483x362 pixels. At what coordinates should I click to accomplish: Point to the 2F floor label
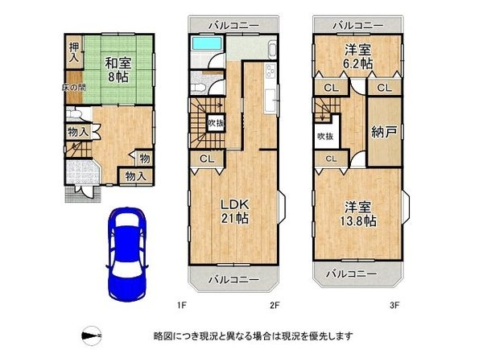[274, 306]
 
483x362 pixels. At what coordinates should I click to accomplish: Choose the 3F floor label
[394, 306]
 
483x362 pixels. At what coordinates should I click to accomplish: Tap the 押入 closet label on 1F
[73, 54]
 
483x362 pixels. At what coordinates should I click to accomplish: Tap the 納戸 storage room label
[384, 132]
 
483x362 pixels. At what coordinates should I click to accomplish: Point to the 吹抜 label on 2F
[215, 123]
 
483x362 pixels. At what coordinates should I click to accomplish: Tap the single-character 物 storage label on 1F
[144, 158]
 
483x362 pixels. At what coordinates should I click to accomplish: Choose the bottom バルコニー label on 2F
[234, 279]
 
